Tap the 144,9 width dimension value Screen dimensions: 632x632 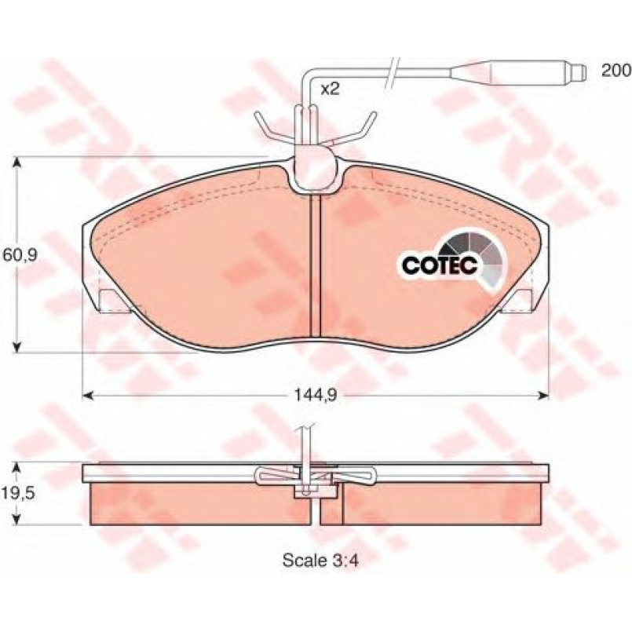click(314, 396)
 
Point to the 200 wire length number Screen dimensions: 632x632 click(616, 71)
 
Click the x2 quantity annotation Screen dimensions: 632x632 click(330, 89)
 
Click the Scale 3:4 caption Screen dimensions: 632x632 click(320, 561)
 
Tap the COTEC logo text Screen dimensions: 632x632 click(440, 265)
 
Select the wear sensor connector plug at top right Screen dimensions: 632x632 click(517, 71)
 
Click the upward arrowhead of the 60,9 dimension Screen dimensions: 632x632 click(16, 162)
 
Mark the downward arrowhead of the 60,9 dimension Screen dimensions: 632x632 click(16, 347)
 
